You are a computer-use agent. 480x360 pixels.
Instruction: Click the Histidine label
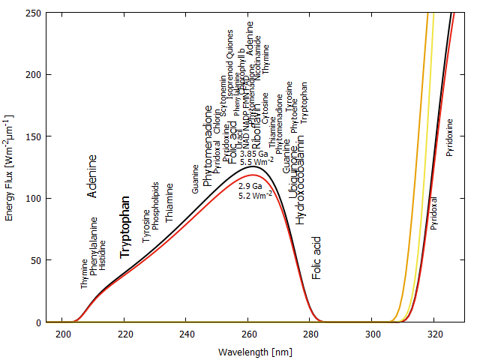coord(103,255)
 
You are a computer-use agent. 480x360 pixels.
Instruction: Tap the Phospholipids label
coord(156,205)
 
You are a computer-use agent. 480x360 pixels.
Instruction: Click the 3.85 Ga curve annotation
coord(253,154)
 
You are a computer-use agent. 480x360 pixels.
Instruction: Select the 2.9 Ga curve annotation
coord(250,185)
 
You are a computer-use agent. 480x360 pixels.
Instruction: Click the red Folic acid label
coord(317,258)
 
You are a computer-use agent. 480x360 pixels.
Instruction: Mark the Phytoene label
coord(295,116)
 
